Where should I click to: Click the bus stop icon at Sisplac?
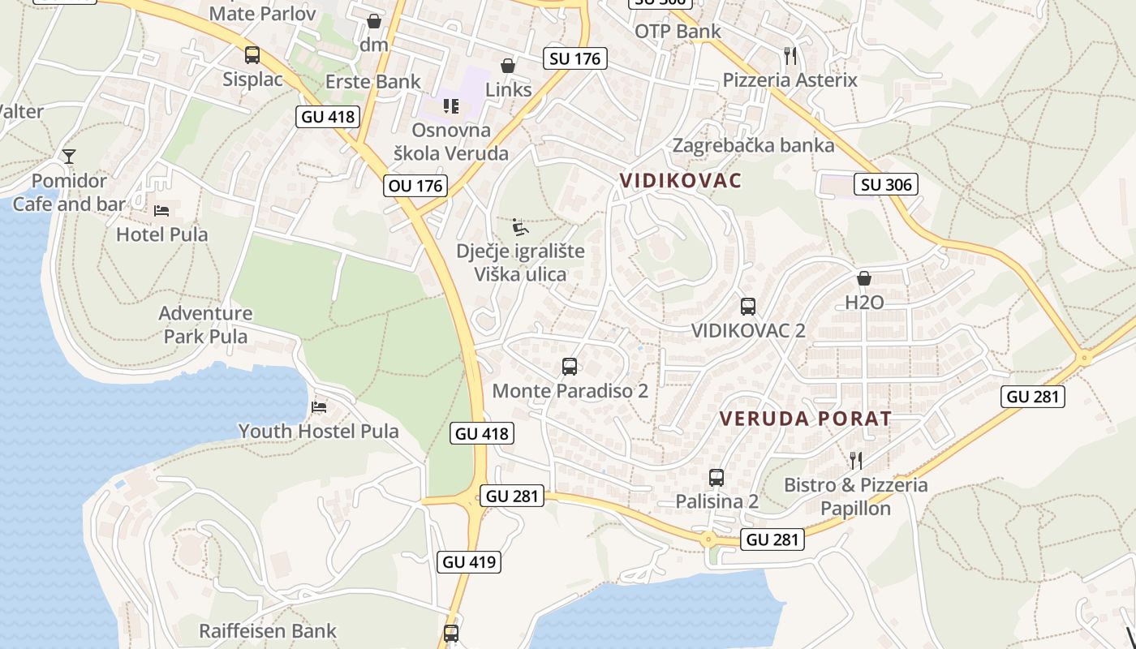coord(252,55)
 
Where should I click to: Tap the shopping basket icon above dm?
coord(374,20)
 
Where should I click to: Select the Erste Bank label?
coord(373,81)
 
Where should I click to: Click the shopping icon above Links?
coord(508,66)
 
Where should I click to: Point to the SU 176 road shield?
coord(575,58)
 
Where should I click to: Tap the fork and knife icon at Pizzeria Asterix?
coord(790,55)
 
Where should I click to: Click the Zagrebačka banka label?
coord(753,145)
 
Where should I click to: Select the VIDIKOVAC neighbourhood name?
coord(681,180)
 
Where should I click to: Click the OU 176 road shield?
coord(416,186)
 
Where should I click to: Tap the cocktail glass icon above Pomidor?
coord(69,156)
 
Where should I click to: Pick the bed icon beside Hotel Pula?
coord(162,211)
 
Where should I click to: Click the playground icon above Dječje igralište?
coord(520,226)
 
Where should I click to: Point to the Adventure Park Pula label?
coord(206,324)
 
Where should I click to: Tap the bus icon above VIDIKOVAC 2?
coord(748,307)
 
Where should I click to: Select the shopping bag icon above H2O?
coord(864,278)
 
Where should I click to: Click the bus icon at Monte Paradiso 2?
coord(570,367)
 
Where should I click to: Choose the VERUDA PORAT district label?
coord(806,419)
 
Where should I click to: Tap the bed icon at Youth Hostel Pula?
coord(319,406)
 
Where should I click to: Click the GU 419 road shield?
coord(469,561)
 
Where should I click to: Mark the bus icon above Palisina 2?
coord(716,478)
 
